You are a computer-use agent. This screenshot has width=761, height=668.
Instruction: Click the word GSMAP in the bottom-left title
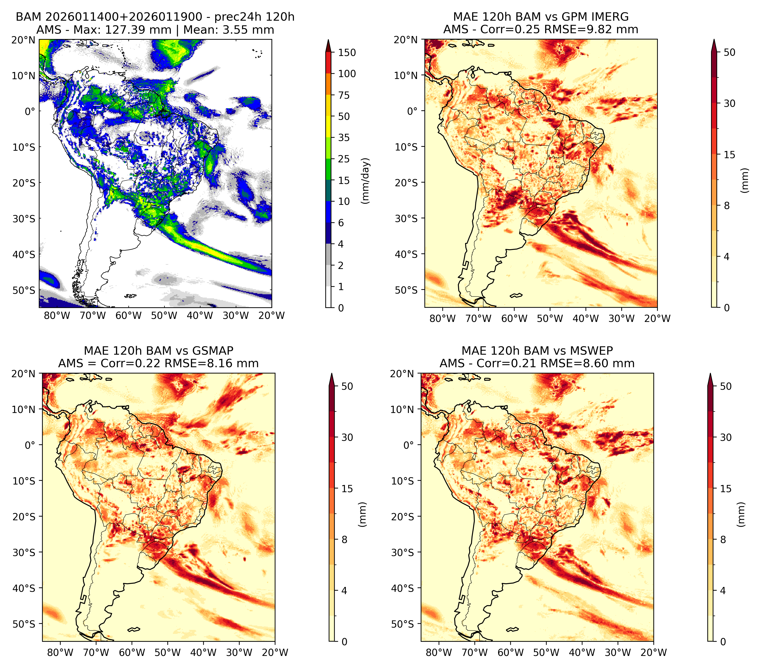click(213, 351)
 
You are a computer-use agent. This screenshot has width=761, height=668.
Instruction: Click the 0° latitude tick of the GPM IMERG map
click(413, 111)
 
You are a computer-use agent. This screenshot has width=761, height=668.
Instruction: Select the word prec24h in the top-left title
click(234, 17)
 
